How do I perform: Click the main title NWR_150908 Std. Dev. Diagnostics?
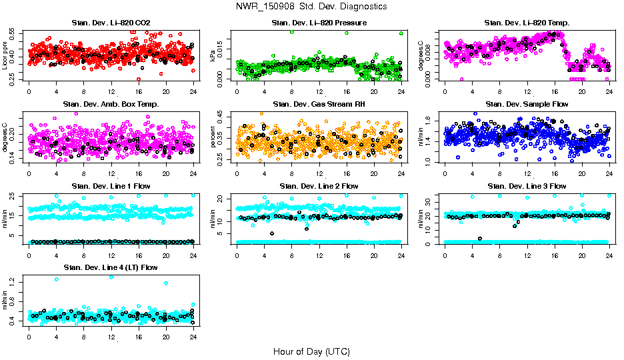pos(311,6)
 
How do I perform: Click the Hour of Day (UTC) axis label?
pos(311,351)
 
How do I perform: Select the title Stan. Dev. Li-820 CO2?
pos(111,23)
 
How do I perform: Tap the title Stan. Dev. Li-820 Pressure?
pos(319,23)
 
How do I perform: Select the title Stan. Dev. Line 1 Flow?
pos(111,186)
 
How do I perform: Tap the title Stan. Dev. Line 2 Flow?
pos(319,186)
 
